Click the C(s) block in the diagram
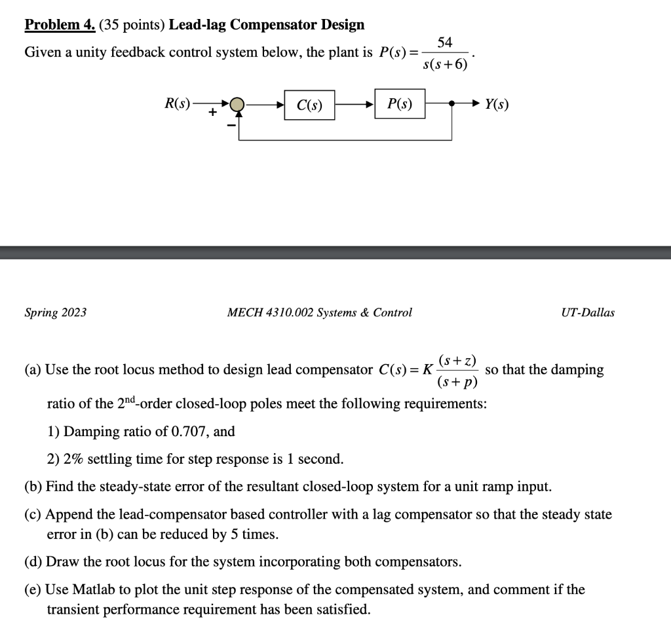pyautogui.click(x=309, y=105)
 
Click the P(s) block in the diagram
pyautogui.click(x=400, y=104)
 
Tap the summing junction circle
pyautogui.click(x=238, y=105)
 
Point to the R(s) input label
pyautogui.click(x=177, y=103)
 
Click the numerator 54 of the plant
pyautogui.click(x=444, y=43)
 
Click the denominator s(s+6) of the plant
pyautogui.click(x=446, y=65)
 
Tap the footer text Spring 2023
pyautogui.click(x=56, y=312)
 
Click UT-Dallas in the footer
pyautogui.click(x=588, y=312)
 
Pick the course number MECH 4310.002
pyautogui.click(x=269, y=312)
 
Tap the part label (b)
pyautogui.click(x=33, y=487)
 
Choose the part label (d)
pyautogui.click(x=33, y=562)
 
